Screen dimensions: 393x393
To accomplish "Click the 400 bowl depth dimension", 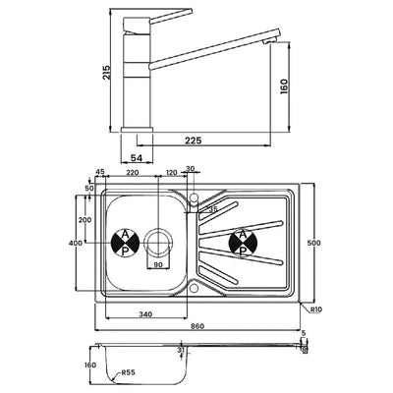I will click(74, 242).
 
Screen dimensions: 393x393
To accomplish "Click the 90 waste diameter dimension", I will click(157, 265).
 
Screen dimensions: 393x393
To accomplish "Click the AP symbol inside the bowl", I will click(125, 242).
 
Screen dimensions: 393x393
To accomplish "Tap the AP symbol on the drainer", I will click(241, 242).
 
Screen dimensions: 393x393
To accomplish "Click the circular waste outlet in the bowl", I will click(157, 242).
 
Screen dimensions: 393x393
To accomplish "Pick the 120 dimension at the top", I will click(172, 172).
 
